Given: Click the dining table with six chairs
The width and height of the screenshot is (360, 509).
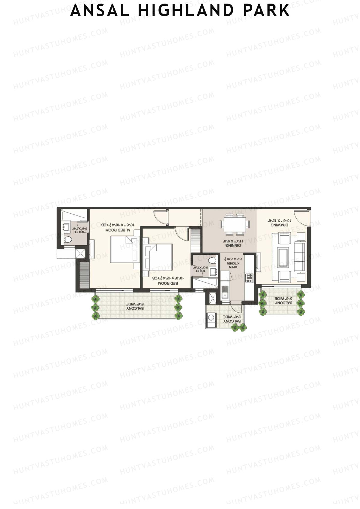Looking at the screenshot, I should click(x=235, y=224).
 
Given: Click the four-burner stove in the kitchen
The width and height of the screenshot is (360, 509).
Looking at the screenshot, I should click(x=249, y=278).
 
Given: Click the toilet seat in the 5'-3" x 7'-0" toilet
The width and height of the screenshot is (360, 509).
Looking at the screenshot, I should click(x=212, y=260).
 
